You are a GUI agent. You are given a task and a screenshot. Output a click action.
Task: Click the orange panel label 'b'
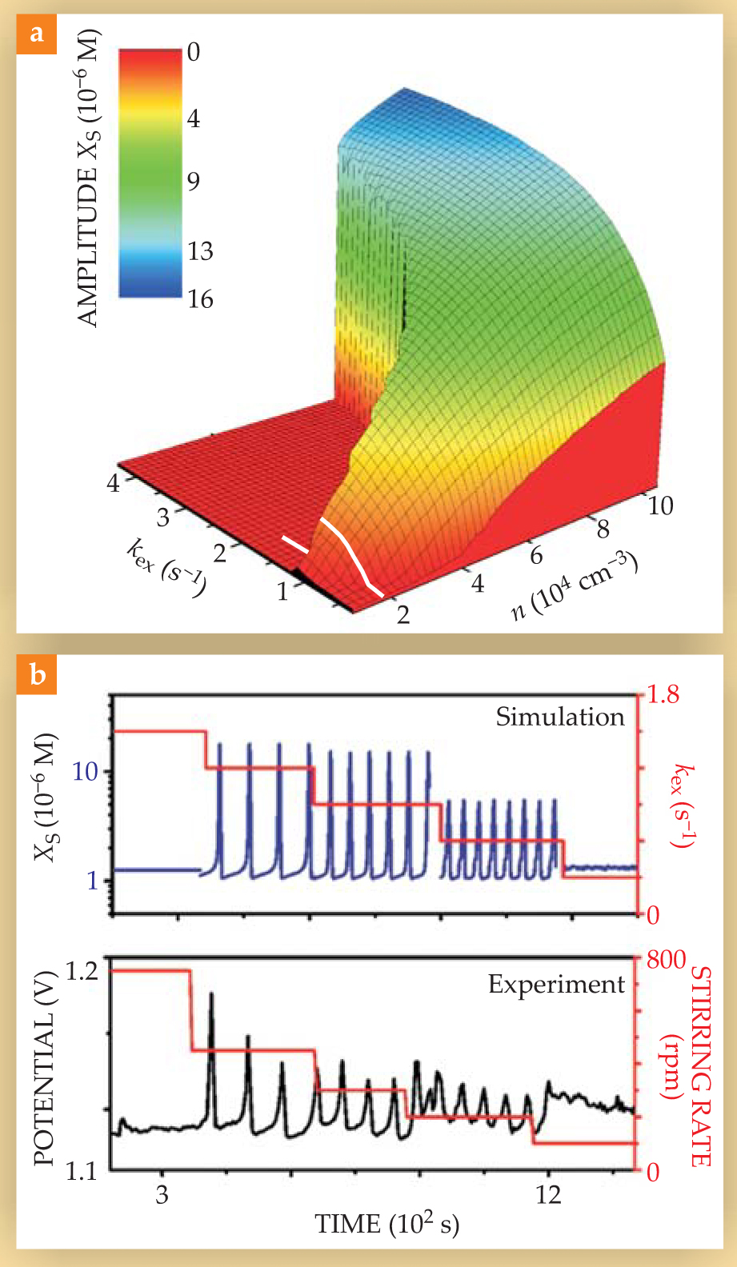[x=36, y=674]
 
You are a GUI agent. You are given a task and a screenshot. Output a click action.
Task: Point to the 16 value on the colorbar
[x=200, y=299]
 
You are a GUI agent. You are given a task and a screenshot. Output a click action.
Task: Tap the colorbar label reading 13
[x=200, y=251]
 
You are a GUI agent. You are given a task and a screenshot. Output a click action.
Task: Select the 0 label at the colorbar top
[x=194, y=53]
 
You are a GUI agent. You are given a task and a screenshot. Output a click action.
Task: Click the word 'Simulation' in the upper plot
[x=559, y=717]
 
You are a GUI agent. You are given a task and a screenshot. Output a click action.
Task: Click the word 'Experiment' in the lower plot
[x=556, y=984]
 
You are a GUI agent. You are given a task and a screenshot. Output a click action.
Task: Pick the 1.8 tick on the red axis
[x=663, y=694]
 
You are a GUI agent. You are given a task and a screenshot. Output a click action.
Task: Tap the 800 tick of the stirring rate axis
[x=666, y=959]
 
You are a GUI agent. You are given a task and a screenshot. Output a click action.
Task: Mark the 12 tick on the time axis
[x=548, y=1195]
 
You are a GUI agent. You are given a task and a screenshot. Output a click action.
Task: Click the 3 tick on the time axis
[x=162, y=1195]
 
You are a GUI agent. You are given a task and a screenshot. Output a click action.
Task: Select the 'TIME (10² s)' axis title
[x=387, y=1225]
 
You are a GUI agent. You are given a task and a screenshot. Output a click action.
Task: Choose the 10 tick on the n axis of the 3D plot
[x=660, y=506]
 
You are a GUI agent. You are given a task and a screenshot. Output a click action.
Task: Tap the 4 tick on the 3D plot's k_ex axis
[x=113, y=482]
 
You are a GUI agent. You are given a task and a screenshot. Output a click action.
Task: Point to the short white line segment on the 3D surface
[x=294, y=545]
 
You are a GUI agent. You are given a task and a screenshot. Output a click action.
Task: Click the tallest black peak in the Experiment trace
[x=211, y=996]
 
